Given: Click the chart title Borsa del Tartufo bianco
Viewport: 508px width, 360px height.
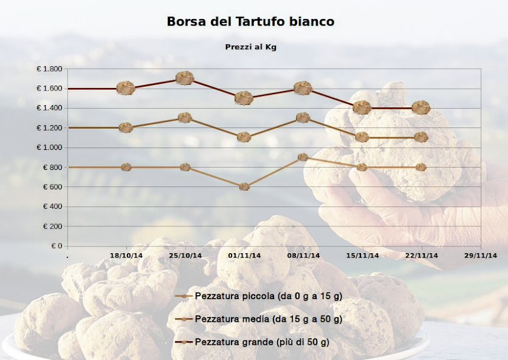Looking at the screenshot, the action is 250,21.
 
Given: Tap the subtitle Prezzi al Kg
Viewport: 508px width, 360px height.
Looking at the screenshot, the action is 251,47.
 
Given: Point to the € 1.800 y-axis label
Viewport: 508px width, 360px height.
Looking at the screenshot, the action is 49,69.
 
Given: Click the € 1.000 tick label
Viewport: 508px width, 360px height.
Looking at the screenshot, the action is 49,148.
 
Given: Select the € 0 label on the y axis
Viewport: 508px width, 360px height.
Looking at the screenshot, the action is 57,246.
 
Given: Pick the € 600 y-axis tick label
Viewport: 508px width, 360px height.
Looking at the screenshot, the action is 52,187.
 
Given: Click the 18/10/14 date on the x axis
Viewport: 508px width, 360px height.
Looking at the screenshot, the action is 126,256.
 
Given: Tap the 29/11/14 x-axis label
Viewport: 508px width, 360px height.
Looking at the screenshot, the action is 481,256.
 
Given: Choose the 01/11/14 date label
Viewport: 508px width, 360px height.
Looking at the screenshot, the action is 244,256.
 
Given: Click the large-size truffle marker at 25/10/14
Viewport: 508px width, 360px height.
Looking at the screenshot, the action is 185,78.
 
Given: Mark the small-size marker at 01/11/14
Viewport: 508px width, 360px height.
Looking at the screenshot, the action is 244,187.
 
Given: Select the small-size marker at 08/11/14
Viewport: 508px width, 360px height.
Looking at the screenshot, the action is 303,157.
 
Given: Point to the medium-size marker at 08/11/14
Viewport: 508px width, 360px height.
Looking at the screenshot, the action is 303,118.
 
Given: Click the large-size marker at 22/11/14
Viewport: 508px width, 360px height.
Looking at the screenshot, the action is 421,107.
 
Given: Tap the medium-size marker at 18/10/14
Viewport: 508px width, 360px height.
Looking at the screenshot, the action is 126,127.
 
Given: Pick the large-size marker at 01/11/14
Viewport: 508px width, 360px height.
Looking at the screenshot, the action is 244,98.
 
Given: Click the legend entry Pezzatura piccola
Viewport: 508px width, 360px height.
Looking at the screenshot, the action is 258,296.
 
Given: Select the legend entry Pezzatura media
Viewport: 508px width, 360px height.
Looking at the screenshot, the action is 258,319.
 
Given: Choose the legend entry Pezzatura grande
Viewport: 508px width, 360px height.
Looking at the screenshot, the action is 252,342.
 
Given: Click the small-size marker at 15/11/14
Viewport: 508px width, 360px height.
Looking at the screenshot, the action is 362,168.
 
